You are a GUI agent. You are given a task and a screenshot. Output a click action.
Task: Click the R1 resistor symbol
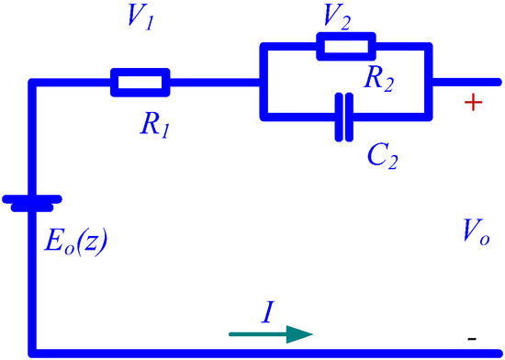click(140, 82)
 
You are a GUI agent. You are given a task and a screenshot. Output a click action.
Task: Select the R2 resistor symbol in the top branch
click(345, 46)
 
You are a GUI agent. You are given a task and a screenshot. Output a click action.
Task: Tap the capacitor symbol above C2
click(342, 117)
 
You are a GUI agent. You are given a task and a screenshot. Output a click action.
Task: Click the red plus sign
click(473, 103)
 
